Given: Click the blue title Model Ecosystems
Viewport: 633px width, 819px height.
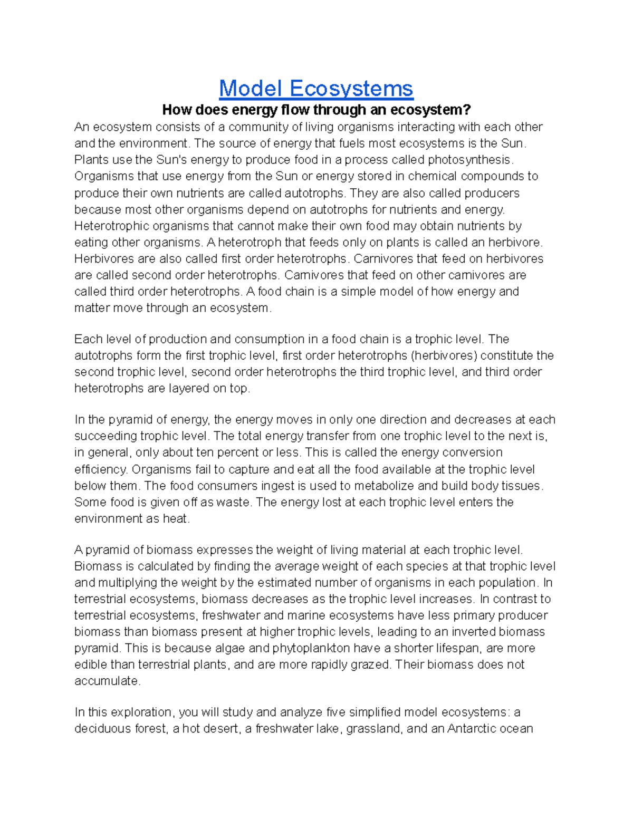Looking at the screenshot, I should click(x=316, y=88).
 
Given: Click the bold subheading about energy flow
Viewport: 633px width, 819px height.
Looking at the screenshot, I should click(x=316, y=110).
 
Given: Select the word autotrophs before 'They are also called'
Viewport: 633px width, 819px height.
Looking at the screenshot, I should click(x=314, y=192).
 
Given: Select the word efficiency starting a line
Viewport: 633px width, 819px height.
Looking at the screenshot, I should click(x=100, y=469).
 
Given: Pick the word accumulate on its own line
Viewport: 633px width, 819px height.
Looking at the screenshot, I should click(x=107, y=681).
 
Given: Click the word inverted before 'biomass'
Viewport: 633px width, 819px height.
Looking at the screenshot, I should click(x=471, y=632).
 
